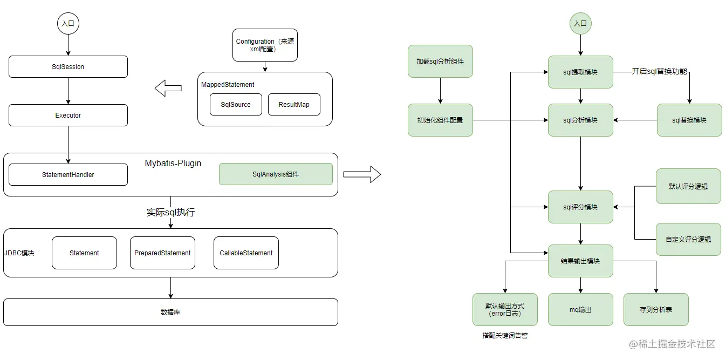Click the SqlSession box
pyautogui.click(x=68, y=66)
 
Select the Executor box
pyautogui.click(x=68, y=115)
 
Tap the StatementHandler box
pyautogui.click(x=68, y=174)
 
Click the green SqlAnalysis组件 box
pyautogui.click(x=276, y=174)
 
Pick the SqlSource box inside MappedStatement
pyautogui.click(x=236, y=104)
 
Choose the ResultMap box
pyautogui.click(x=294, y=104)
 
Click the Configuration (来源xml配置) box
pyautogui.click(x=265, y=45)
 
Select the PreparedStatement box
pyautogui.click(x=162, y=253)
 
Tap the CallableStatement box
pyautogui.click(x=246, y=253)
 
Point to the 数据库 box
pyautogui.click(x=170, y=313)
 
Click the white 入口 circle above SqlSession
pyautogui.click(x=68, y=23)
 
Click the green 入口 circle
pyautogui.click(x=580, y=23)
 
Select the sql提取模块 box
pyautogui.click(x=580, y=72)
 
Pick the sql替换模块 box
pyautogui.click(x=689, y=120)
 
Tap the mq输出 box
pyautogui.click(x=580, y=310)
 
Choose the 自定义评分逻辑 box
pyautogui.click(x=688, y=239)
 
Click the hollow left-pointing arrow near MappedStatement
pyautogui.click(x=168, y=88)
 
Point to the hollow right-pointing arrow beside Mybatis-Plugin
pyautogui.click(x=362, y=174)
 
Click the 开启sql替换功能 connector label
pyautogui.click(x=659, y=71)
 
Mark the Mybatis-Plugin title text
pyautogui.click(x=173, y=163)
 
